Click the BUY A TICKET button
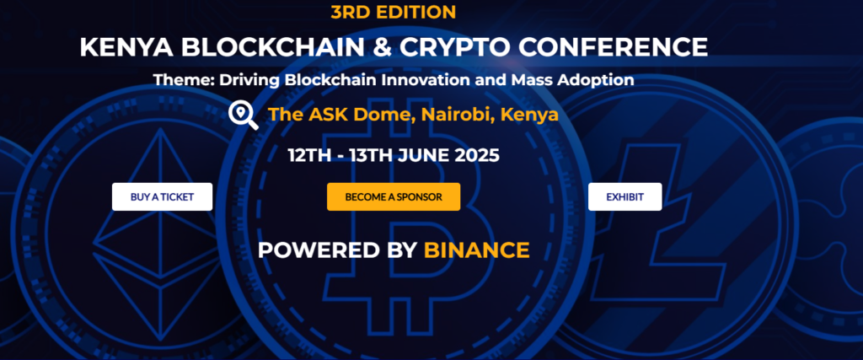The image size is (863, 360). click(x=162, y=196)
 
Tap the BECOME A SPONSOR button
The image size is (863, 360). click(x=394, y=196)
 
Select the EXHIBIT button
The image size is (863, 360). click(x=624, y=196)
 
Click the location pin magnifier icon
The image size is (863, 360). click(x=244, y=115)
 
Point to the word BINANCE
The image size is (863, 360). click(x=476, y=250)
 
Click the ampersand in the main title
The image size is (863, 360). click(x=383, y=47)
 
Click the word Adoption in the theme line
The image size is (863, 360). click(x=598, y=81)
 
